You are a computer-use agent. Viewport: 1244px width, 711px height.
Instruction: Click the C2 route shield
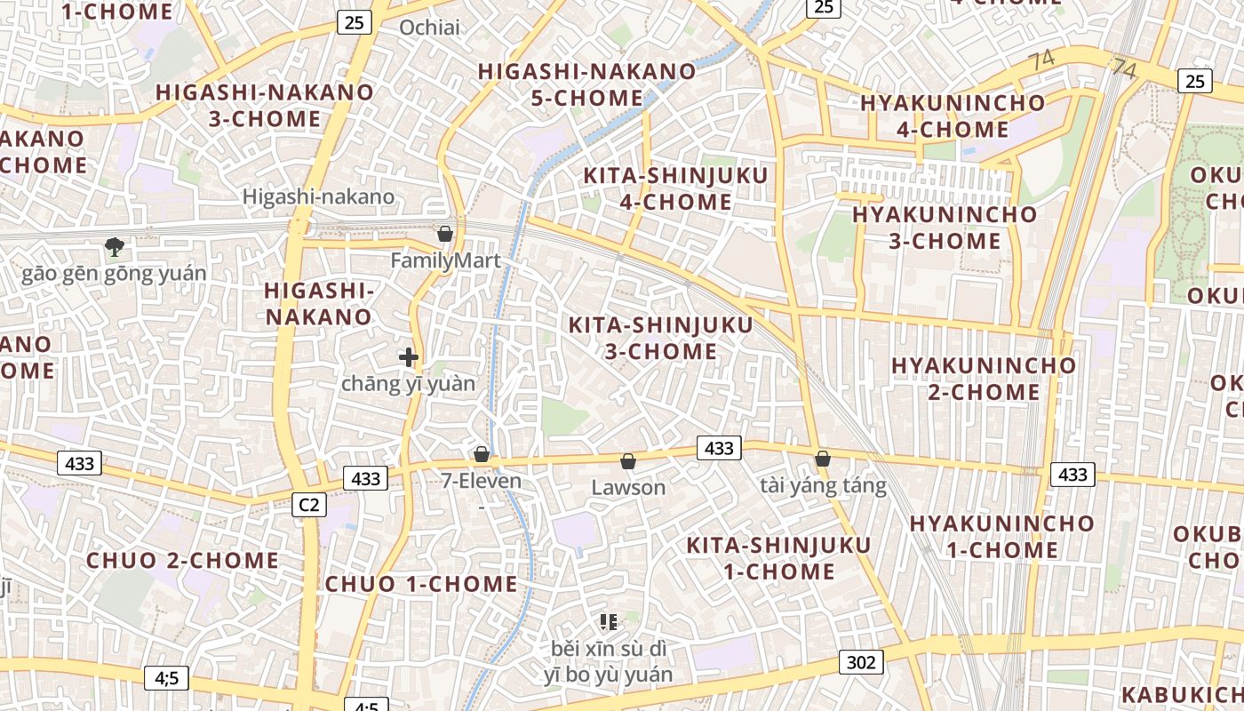tap(308, 505)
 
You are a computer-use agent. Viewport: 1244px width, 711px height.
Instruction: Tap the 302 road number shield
tap(861, 662)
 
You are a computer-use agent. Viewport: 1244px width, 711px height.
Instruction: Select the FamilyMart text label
tap(445, 260)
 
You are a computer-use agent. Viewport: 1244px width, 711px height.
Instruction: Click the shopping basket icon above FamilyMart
tap(445, 234)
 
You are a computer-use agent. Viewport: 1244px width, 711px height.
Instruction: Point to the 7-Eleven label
tap(481, 482)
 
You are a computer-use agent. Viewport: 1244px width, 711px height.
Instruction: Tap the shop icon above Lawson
tap(628, 461)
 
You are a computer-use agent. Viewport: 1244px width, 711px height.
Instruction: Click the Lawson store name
tap(628, 488)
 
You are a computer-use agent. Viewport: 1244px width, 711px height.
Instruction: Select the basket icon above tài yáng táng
tap(823, 459)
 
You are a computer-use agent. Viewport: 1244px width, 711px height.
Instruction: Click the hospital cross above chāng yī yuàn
tap(409, 357)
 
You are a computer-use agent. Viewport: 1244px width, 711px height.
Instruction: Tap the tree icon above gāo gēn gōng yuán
tap(114, 246)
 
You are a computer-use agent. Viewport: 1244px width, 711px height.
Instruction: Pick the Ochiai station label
tap(429, 28)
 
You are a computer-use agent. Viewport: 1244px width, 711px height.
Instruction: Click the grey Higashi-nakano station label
tap(318, 197)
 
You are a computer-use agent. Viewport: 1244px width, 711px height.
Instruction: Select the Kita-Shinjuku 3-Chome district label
tap(660, 338)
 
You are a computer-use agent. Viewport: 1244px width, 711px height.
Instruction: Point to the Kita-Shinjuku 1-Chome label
tap(778, 558)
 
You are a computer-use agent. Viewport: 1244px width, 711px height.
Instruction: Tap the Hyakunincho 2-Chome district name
tap(984, 379)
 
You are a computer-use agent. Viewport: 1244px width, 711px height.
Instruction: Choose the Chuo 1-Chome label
tap(421, 584)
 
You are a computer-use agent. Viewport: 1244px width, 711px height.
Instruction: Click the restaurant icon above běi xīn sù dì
tap(609, 622)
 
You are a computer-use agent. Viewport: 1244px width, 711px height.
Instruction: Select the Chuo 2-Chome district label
tap(182, 561)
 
